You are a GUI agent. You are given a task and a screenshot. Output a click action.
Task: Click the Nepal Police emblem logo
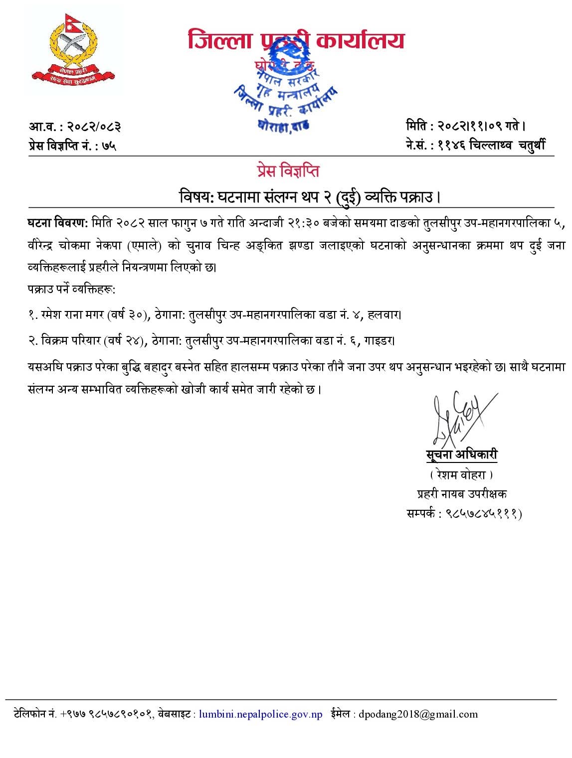(73, 51)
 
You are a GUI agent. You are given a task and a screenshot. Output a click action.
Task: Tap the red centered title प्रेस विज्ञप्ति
(288, 171)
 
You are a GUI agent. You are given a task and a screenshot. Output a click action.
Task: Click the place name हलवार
(383, 314)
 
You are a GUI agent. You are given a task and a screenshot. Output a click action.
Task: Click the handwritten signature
(461, 419)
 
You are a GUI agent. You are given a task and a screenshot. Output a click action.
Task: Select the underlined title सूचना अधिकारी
(461, 455)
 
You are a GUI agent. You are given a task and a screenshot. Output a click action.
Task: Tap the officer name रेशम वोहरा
(461, 474)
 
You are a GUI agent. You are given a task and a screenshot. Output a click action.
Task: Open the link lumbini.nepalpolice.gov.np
(261, 714)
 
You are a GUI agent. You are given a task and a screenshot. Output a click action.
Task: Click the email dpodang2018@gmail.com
(418, 714)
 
